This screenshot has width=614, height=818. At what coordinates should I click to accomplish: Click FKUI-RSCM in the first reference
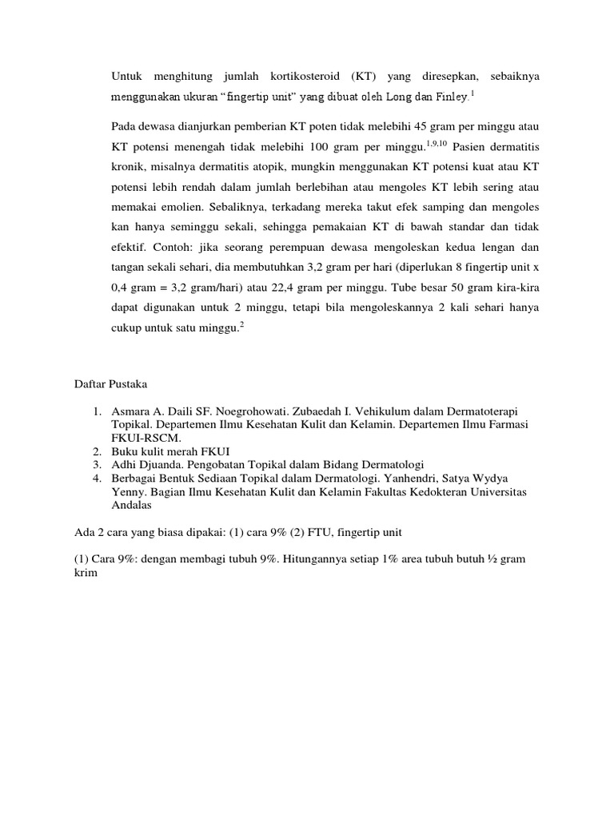[x=146, y=439]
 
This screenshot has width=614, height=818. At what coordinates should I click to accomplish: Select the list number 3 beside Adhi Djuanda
[x=95, y=465]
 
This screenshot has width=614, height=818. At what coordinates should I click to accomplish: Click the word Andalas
[x=132, y=505]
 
